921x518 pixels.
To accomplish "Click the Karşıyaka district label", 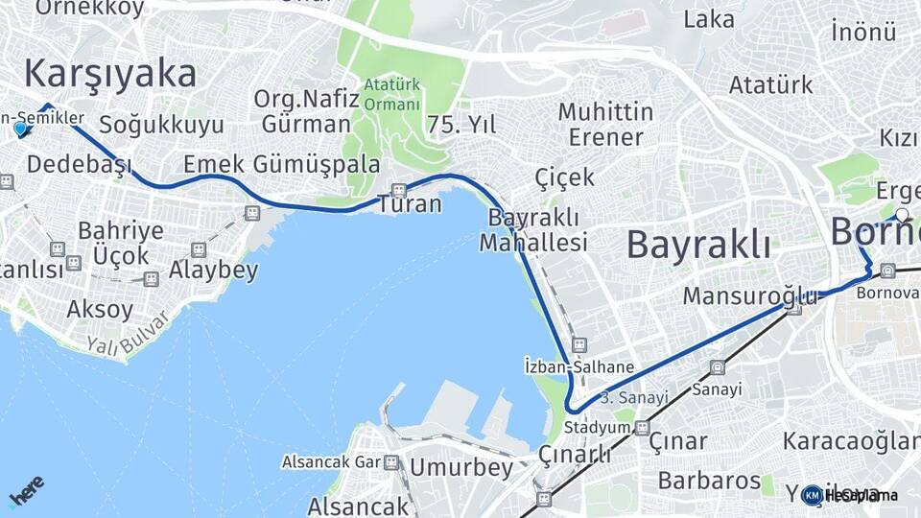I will point(110,74).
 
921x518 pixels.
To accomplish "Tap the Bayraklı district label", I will point(698,245).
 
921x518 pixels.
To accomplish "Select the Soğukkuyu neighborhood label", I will point(161,125).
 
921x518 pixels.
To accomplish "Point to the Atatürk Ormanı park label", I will point(391,95).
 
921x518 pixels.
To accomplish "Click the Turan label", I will point(410,204).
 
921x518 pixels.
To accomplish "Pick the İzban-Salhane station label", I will point(579,366).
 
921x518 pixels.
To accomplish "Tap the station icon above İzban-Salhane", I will point(579,343).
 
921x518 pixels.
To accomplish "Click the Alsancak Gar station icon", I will point(391,462).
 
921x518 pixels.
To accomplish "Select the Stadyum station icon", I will point(642,428).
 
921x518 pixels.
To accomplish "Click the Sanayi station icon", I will point(717,367).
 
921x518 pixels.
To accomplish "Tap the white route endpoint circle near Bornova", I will point(902,215).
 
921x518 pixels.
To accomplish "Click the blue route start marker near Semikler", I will point(20,129).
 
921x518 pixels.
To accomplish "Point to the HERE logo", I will point(26,489).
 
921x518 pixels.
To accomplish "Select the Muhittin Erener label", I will point(605,124).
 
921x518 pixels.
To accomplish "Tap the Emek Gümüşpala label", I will point(281,162).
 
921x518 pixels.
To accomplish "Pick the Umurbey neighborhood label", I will point(461,467).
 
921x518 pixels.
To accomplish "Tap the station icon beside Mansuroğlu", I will point(793,308).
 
